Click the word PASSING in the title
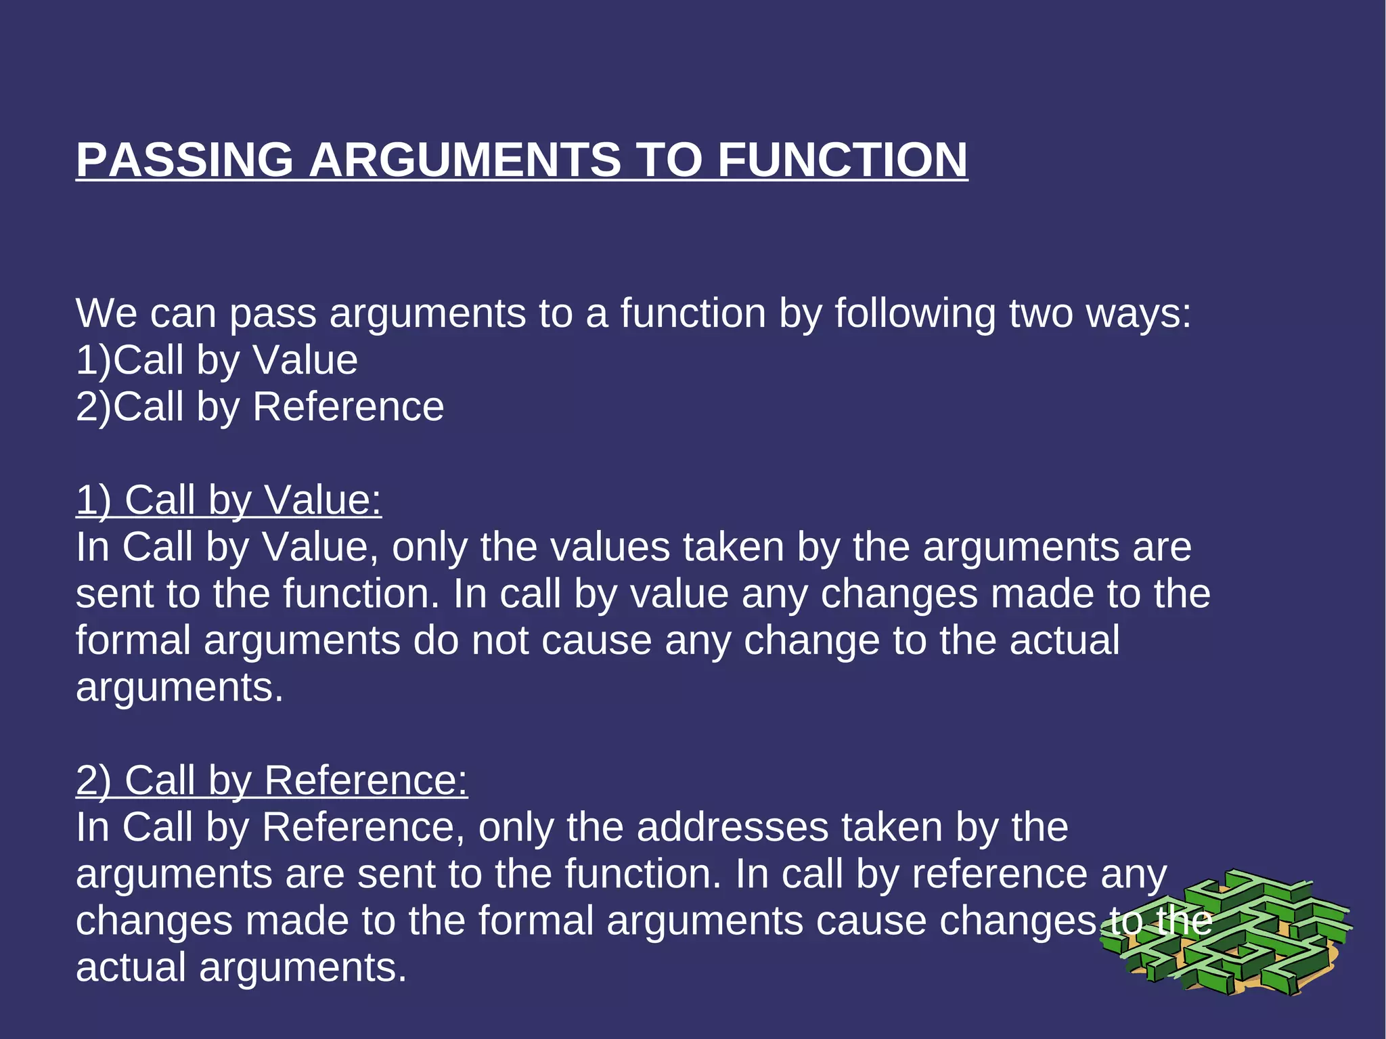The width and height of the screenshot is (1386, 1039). point(184,160)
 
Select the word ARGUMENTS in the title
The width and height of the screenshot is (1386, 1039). point(464,160)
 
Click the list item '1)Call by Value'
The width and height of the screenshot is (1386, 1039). point(217,360)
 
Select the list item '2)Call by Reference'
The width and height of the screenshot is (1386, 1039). point(260,407)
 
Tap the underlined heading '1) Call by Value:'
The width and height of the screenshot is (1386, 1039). point(229,500)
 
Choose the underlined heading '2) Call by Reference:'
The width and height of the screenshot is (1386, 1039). point(271,780)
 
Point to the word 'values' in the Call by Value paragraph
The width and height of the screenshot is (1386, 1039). point(610,547)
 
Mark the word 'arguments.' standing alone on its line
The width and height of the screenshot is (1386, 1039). point(179,687)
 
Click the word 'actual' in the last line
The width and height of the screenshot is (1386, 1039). point(131,967)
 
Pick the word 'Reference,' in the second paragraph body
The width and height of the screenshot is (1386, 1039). point(363,827)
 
